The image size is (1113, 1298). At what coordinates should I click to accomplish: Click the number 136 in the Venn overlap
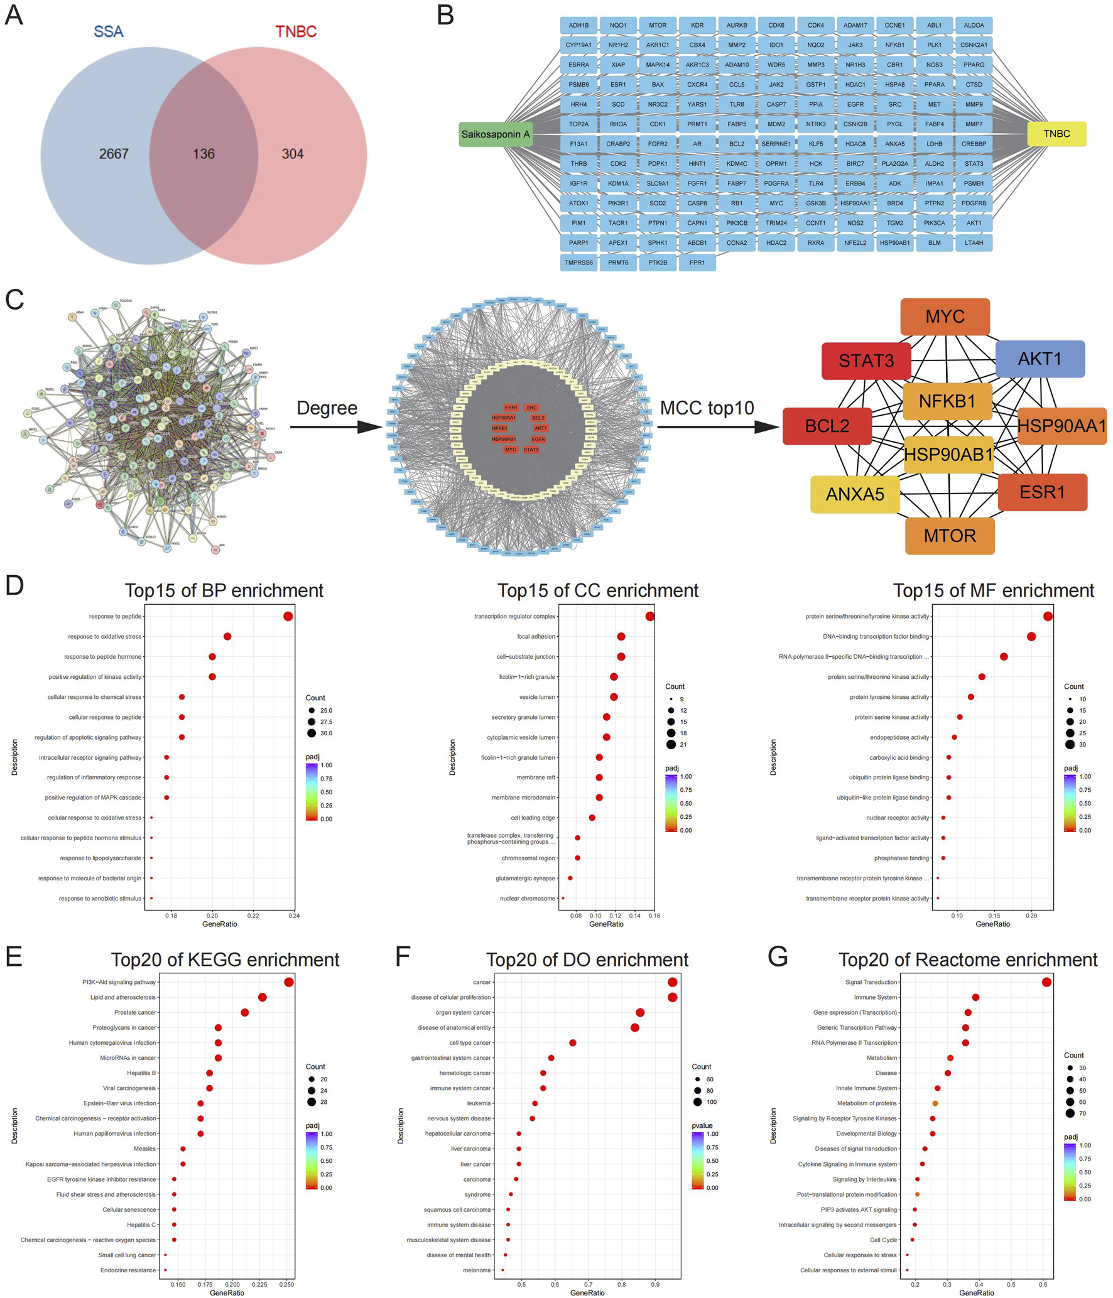[x=204, y=154]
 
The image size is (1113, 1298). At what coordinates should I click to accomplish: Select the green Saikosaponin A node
[x=496, y=134]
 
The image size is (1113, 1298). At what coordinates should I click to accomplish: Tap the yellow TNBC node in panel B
[x=1056, y=134]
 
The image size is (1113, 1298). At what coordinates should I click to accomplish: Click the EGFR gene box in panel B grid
[x=855, y=104]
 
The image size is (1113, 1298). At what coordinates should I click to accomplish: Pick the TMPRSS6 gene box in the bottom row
[x=578, y=262]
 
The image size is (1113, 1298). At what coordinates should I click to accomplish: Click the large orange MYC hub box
[x=945, y=316]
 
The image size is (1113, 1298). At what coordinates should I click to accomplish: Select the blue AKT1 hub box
[x=1040, y=359]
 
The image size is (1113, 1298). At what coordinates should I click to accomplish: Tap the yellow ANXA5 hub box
[x=855, y=494]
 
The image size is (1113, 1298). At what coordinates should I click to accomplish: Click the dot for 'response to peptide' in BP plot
[x=288, y=616]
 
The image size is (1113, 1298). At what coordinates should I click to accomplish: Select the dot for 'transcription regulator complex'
[x=649, y=616]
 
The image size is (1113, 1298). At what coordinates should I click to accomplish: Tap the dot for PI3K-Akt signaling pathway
[x=288, y=982]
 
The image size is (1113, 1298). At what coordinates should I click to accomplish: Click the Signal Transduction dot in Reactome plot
[x=1046, y=982]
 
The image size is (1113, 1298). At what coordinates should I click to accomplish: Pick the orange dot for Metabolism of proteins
[x=935, y=1103]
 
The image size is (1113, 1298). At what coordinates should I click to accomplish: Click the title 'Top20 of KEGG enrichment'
[x=225, y=960]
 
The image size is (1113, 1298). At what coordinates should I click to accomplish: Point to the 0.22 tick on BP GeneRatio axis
[x=253, y=916]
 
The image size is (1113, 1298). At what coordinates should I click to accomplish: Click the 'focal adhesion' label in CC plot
[x=536, y=637]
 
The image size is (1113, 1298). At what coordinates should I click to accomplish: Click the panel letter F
[x=403, y=956]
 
